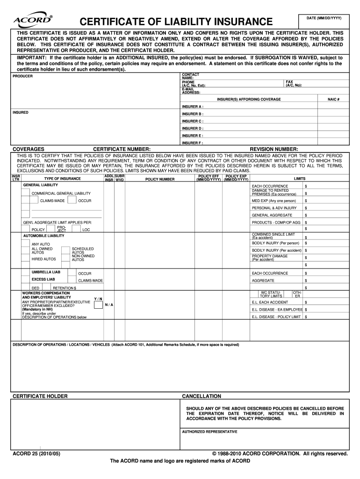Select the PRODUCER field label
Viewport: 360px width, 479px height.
(x=23, y=76)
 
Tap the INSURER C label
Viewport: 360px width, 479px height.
(x=193, y=121)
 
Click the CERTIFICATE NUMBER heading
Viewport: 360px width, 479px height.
(x=122, y=149)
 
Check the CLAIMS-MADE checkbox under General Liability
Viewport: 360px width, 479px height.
(x=33, y=200)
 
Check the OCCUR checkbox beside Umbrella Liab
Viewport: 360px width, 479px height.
(x=72, y=272)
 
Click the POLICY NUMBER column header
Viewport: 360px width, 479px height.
(x=160, y=179)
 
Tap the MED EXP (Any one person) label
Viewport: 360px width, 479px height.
(x=274, y=201)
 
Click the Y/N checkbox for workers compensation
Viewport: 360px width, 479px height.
(x=98, y=305)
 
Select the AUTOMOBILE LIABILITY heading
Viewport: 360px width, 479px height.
(x=43, y=236)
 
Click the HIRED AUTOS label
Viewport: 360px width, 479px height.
(x=43, y=259)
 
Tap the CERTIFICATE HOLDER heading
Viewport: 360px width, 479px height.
(x=40, y=396)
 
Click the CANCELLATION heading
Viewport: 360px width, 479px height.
(x=202, y=396)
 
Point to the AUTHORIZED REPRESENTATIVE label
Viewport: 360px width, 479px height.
(x=209, y=432)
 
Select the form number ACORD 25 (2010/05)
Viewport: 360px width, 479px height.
(x=37, y=454)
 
